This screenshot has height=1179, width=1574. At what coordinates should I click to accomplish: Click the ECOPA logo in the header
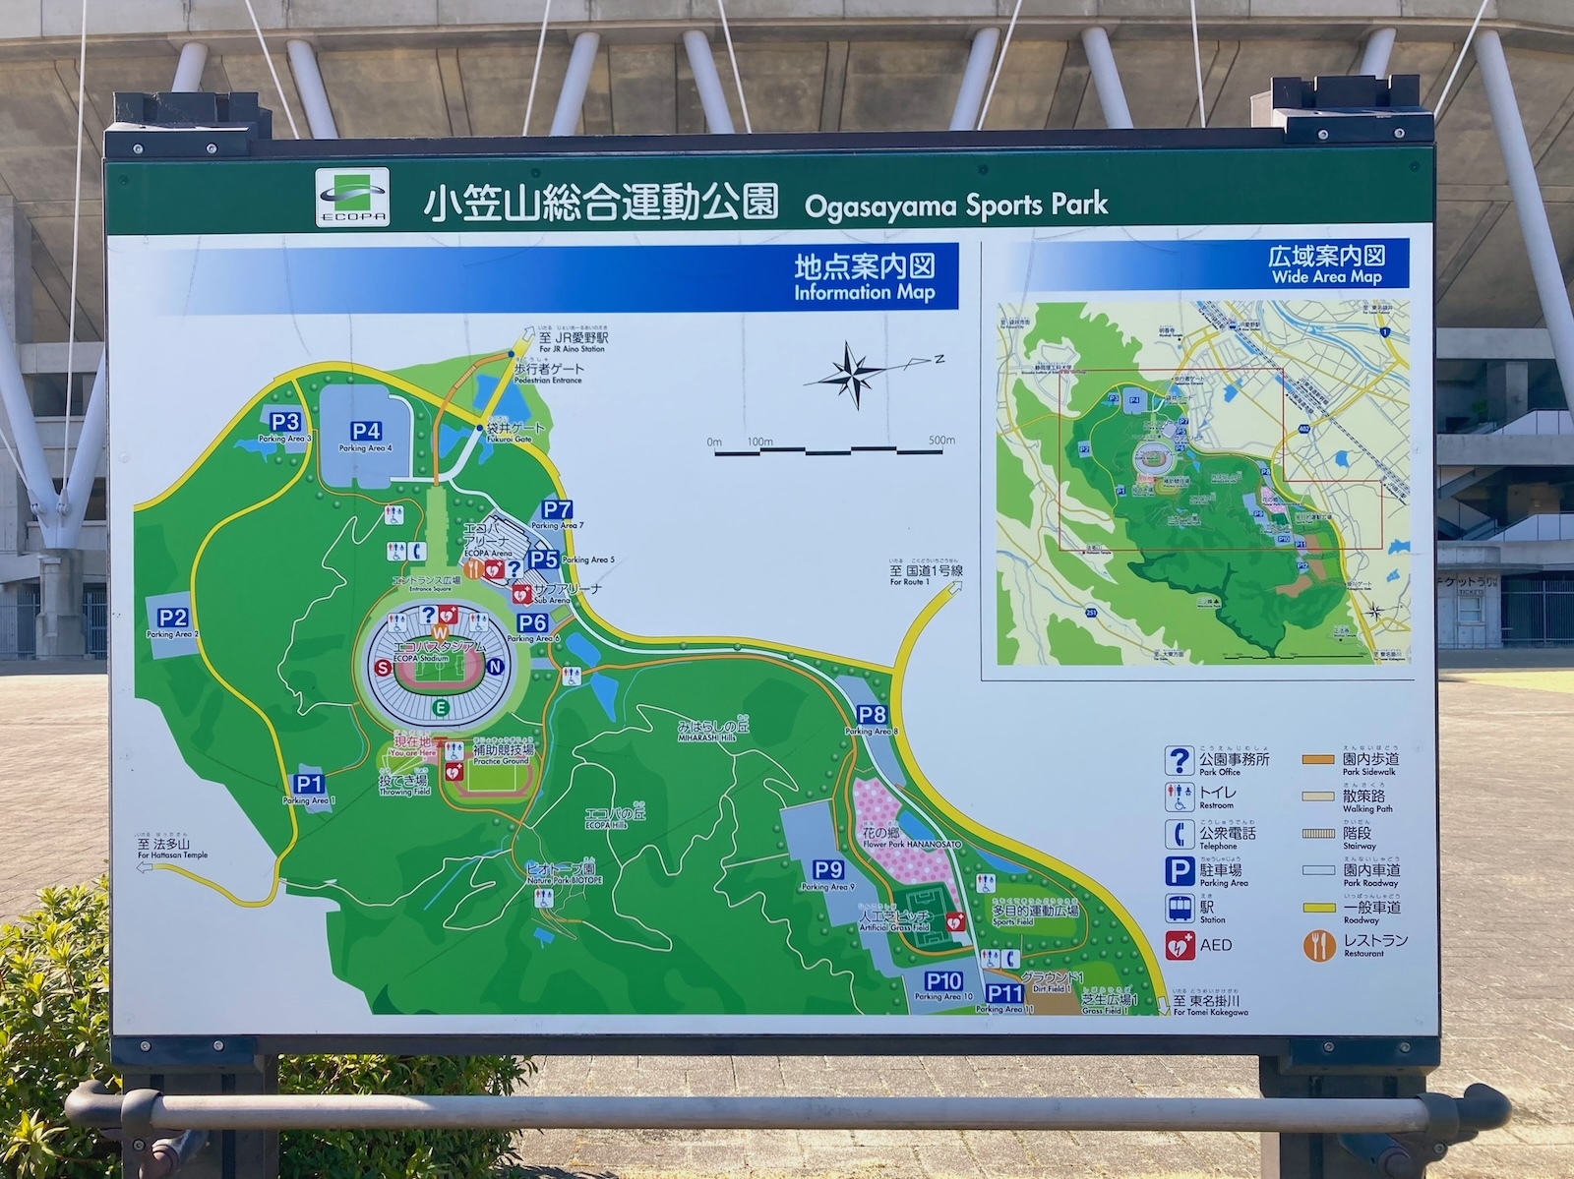click(x=352, y=198)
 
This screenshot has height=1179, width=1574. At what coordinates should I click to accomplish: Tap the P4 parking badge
click(x=366, y=431)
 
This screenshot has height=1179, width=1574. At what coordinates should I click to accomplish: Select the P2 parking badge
click(x=173, y=618)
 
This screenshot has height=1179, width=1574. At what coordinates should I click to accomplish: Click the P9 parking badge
click(x=828, y=869)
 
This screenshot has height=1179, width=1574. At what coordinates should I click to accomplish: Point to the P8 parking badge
click(x=872, y=715)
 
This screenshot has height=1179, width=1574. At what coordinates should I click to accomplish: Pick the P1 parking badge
click(x=309, y=784)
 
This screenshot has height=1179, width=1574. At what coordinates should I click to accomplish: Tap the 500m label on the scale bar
click(x=941, y=441)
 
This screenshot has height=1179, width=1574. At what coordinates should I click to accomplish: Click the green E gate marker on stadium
click(x=442, y=708)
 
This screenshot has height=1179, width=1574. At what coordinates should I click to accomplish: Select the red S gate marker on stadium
click(x=382, y=668)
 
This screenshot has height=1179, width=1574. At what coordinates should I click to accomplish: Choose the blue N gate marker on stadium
click(x=496, y=667)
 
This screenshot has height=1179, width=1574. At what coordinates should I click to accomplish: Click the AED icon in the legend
click(x=1180, y=946)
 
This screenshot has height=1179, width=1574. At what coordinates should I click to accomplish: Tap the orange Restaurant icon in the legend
click(x=1318, y=946)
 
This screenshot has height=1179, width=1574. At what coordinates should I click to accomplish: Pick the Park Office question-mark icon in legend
click(x=1180, y=761)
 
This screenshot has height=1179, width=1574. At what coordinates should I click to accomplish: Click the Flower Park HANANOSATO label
click(x=897, y=838)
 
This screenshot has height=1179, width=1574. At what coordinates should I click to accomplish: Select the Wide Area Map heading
click(x=1326, y=265)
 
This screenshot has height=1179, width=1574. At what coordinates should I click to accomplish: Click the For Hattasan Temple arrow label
click(x=172, y=849)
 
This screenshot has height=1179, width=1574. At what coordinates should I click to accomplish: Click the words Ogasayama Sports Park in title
click(x=955, y=206)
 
